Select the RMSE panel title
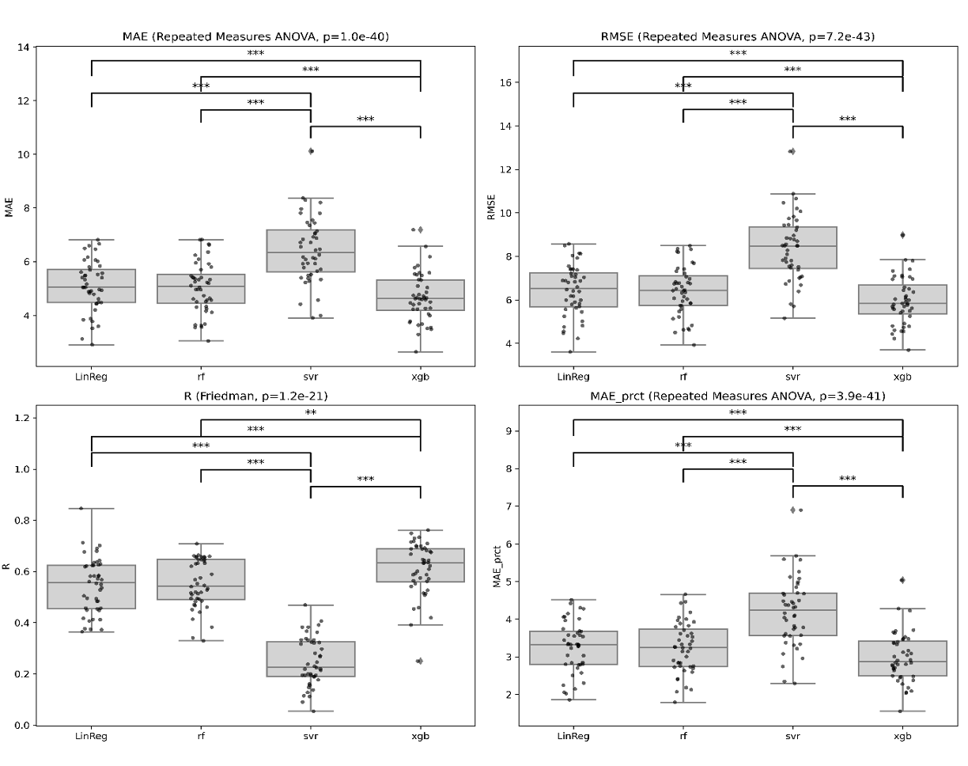[x=738, y=36]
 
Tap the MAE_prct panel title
[x=738, y=396]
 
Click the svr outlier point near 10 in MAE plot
[x=311, y=150]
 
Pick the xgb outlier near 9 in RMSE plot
[x=902, y=234]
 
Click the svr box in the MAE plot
[x=311, y=251]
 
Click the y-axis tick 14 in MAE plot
[x=24, y=47]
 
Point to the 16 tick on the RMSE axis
[x=505, y=82]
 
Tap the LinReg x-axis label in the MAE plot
[x=92, y=377]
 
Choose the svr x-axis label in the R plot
[x=311, y=736]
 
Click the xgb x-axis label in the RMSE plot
[x=902, y=377]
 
